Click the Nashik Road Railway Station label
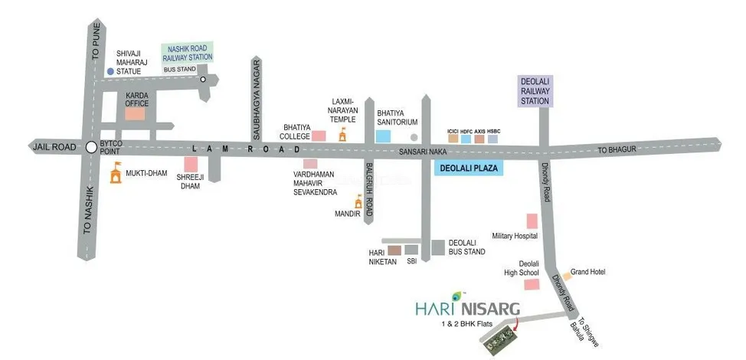coord(188,53)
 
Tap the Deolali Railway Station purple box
coord(536,91)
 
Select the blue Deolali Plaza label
coord(469,170)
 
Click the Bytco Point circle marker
coord(91,147)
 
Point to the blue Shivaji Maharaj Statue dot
coord(110,71)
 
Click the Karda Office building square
coord(136,113)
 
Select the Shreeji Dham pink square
coord(191,163)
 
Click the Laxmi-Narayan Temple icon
coord(342,136)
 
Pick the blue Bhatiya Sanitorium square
coord(382,136)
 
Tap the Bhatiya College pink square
coord(319,136)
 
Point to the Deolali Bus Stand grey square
coord(437,247)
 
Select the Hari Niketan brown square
coord(394,250)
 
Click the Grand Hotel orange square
coord(566,275)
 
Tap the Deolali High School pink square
coord(529,285)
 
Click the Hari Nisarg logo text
coord(467,309)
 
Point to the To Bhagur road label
coord(617,150)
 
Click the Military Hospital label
coord(515,236)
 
